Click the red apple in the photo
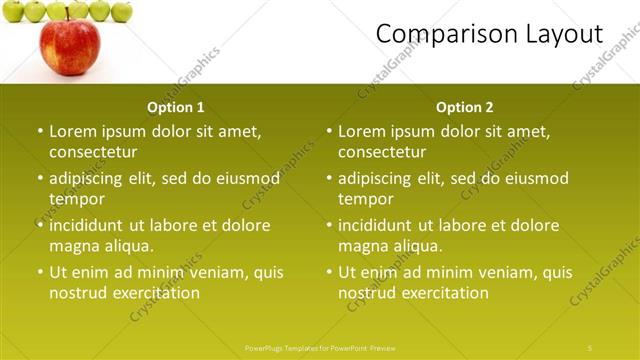[69, 47]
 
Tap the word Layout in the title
[564, 34]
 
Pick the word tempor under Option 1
[73, 198]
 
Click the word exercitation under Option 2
[441, 293]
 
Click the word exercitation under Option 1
[152, 293]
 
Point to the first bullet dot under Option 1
[40, 131]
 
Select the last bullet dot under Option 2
[329, 272]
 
